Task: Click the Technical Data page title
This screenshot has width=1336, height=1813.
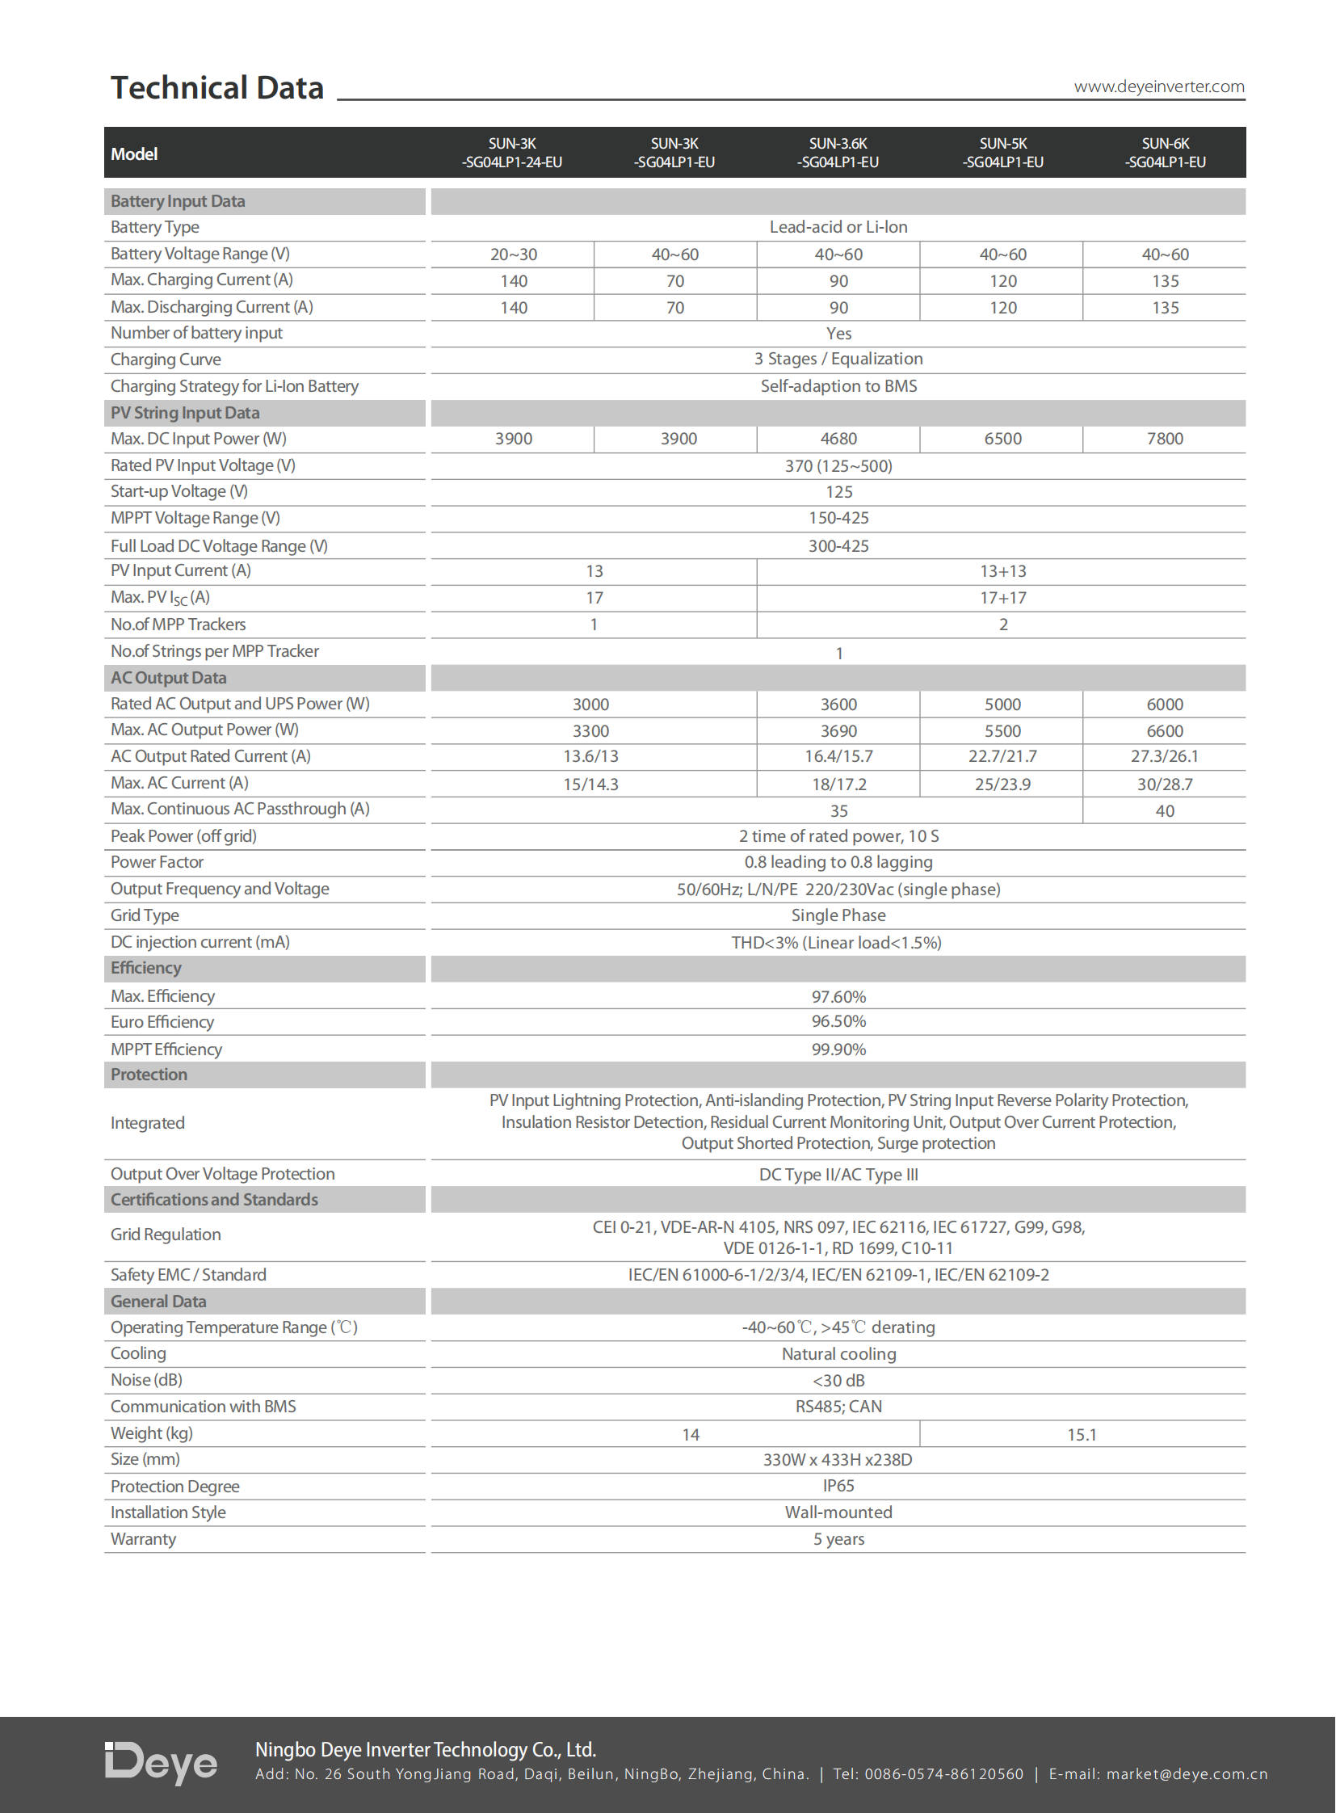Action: click(x=216, y=87)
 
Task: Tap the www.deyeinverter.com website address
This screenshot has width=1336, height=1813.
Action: click(x=1158, y=86)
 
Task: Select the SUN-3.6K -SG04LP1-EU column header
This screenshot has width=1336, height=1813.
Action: click(x=838, y=153)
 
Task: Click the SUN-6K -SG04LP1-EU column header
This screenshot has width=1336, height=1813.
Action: click(x=1165, y=153)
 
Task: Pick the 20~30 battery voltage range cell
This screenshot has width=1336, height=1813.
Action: click(x=513, y=254)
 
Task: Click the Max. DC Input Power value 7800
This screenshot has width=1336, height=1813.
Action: click(x=1165, y=439)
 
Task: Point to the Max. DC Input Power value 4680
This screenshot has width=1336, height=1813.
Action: click(x=838, y=439)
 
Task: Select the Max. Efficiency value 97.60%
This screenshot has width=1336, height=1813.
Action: click(x=838, y=997)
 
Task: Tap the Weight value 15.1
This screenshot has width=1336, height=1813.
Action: click(x=1082, y=1434)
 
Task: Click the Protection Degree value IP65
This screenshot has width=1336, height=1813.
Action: click(x=838, y=1485)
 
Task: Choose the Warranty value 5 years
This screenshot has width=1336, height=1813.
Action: click(x=838, y=1539)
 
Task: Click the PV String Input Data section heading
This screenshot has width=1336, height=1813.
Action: click(x=185, y=413)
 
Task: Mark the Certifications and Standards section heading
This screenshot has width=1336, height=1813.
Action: click(x=214, y=1199)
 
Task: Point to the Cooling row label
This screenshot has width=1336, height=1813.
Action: click(x=138, y=1353)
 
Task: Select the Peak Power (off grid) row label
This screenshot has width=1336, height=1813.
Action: click(x=183, y=835)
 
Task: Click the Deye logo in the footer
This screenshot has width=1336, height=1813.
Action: click(x=161, y=1763)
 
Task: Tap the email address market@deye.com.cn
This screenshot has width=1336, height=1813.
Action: click(x=1187, y=1774)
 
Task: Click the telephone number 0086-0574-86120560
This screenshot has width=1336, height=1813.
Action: click(x=943, y=1774)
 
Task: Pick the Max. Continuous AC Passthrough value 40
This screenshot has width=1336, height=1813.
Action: click(x=1165, y=810)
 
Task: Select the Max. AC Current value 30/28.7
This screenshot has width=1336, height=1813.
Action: click(x=1165, y=784)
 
